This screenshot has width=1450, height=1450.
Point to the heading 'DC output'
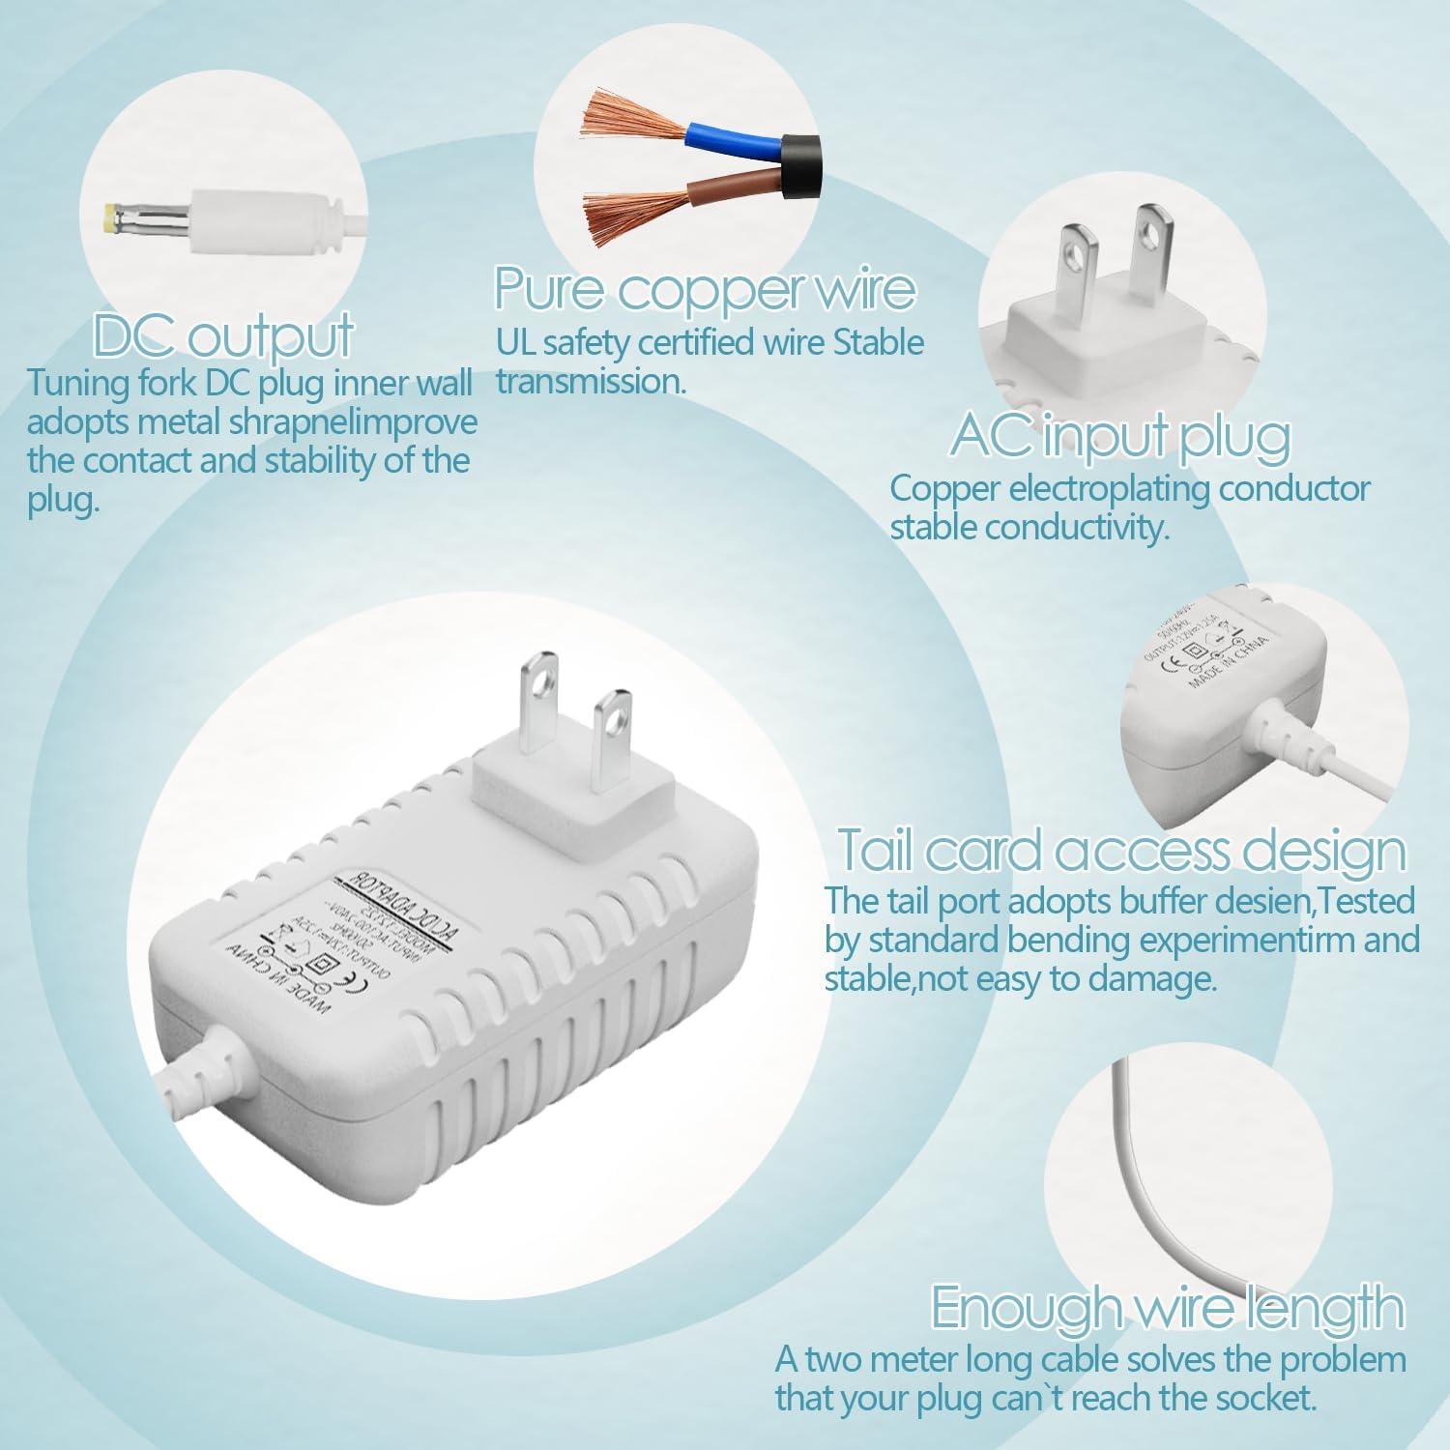point(223,335)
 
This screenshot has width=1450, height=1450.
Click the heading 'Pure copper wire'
point(705,287)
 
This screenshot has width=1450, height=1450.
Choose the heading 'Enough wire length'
point(1167,1307)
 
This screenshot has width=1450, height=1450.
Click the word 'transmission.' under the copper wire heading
point(591,381)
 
